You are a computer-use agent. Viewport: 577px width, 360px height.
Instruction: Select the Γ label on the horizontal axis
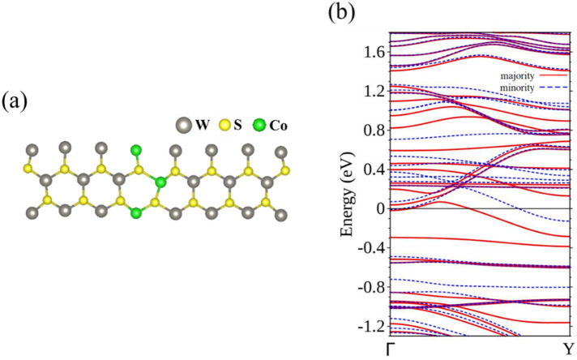pyautogui.click(x=391, y=349)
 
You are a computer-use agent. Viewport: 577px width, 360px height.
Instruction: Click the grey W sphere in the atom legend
pyautogui.click(x=183, y=126)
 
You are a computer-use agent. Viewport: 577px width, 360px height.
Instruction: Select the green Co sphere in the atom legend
pyautogui.click(x=259, y=126)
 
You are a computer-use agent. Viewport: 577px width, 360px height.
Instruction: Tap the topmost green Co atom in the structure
pyautogui.click(x=136, y=150)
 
